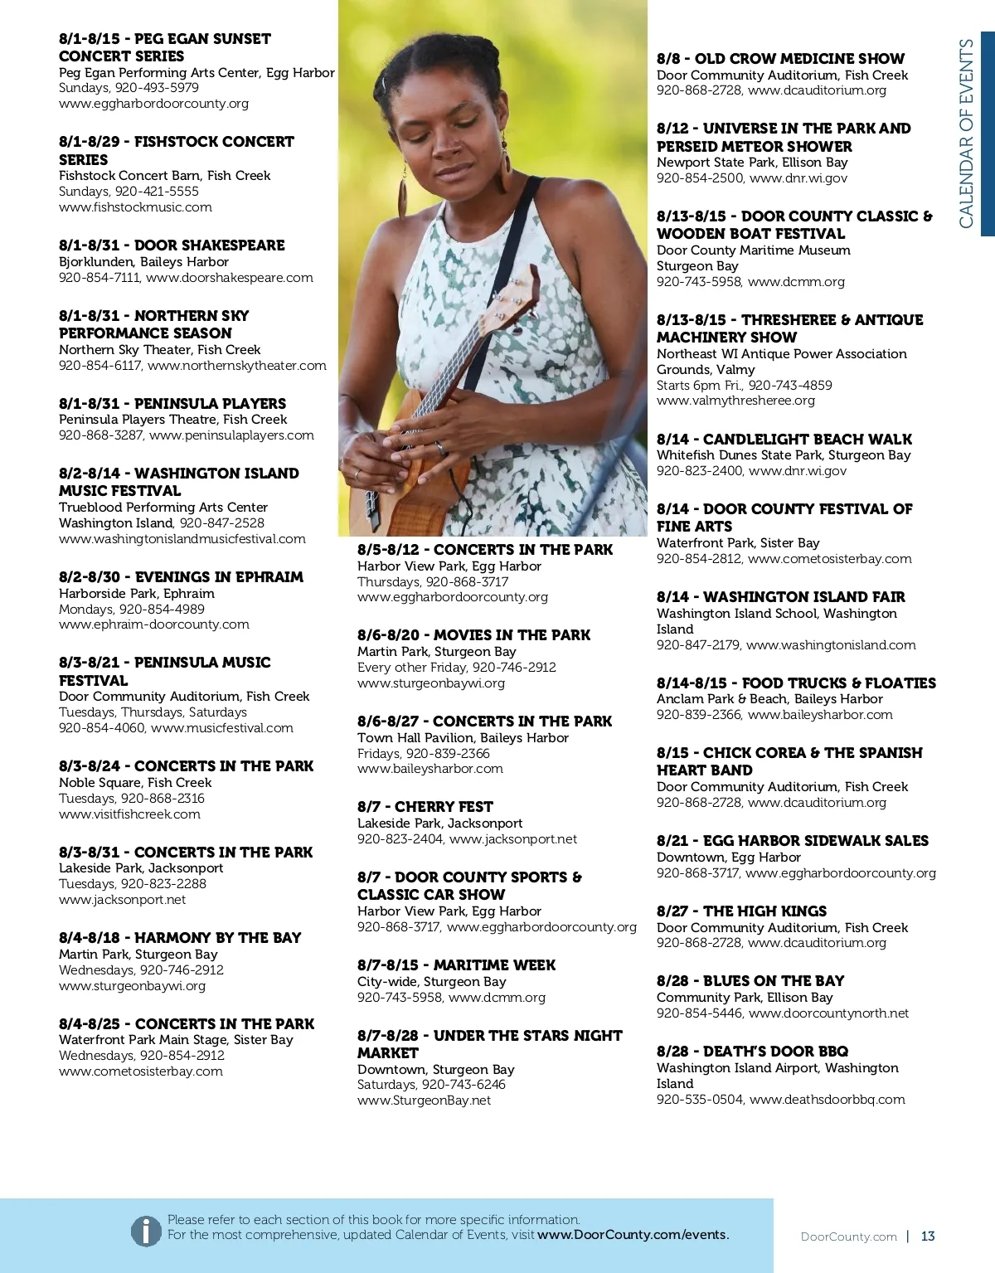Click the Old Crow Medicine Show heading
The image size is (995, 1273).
coord(780,59)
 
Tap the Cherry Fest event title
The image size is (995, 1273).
coord(425,807)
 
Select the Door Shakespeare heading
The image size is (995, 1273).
coord(172,245)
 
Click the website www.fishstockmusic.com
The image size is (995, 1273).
coord(135,207)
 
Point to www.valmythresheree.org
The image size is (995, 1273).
coord(735,401)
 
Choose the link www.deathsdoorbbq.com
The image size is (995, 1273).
coord(827,1100)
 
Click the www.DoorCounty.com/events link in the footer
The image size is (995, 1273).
coord(633,1235)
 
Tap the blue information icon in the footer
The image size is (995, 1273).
coord(146,1231)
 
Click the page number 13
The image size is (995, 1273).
coord(928,1237)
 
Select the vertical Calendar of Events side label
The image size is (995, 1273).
coord(966,133)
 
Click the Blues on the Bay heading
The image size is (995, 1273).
coord(750,981)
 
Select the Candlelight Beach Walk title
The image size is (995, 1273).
coord(784,440)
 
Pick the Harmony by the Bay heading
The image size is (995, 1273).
coord(180,938)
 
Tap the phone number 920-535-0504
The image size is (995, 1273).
coord(698,1100)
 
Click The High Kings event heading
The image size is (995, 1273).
coord(741,911)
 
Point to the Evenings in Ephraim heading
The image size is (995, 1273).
coord(181,577)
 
